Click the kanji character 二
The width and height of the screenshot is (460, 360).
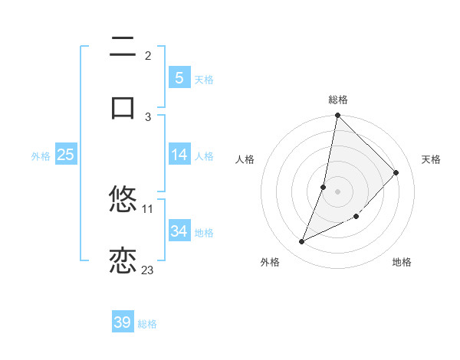(x=123, y=48)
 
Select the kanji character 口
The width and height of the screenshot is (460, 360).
(x=123, y=108)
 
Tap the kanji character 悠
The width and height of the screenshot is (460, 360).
(x=123, y=200)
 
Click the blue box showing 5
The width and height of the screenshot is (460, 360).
(x=179, y=77)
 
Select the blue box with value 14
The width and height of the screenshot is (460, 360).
(x=179, y=155)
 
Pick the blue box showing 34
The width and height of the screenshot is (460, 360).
(x=179, y=231)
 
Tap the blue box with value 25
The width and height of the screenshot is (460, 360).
(x=65, y=155)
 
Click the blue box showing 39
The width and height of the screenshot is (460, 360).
(x=123, y=322)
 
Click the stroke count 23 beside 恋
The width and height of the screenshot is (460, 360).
(x=147, y=270)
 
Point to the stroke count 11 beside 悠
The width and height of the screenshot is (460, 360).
(x=148, y=208)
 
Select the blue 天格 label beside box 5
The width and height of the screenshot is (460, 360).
(x=204, y=79)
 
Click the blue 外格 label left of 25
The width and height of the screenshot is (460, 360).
(x=41, y=155)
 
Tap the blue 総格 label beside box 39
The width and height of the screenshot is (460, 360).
(x=147, y=324)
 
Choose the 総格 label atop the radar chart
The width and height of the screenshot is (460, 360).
(x=337, y=100)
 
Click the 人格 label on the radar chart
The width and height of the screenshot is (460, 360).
(x=245, y=159)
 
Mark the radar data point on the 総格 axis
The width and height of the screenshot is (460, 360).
(x=337, y=116)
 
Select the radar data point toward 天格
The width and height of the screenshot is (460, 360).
(x=396, y=172)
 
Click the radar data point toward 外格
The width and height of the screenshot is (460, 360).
(x=302, y=242)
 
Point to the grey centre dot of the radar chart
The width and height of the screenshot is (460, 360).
(x=337, y=191)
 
